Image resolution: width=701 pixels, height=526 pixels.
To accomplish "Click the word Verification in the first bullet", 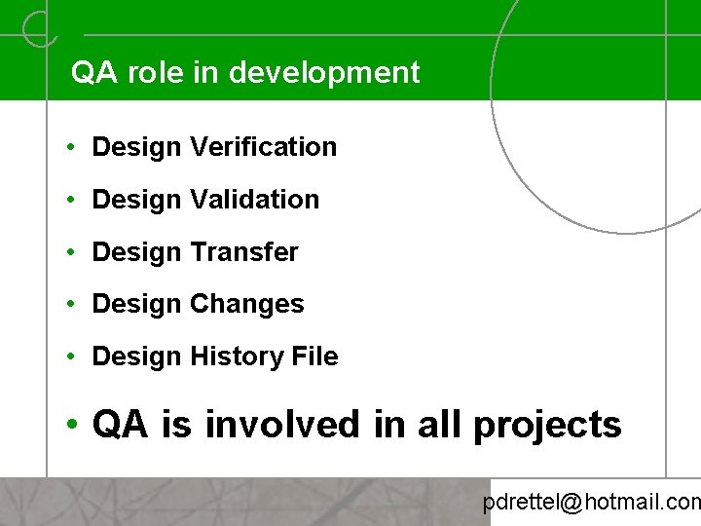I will pyautogui.click(x=264, y=147).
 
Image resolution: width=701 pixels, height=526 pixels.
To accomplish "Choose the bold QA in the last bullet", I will pyautogui.click(x=120, y=425).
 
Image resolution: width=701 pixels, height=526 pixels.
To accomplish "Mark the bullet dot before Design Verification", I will pyautogui.click(x=73, y=148).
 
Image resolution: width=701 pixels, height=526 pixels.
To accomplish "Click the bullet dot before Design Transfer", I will pyautogui.click(x=73, y=253).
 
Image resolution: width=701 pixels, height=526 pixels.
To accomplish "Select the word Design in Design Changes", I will pyautogui.click(x=136, y=305).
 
